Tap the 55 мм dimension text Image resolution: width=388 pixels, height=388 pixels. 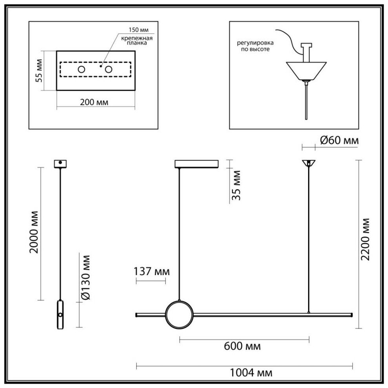pyautogui.click(x=39, y=71)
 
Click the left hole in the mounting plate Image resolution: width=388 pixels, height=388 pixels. pyautogui.click(x=81, y=69)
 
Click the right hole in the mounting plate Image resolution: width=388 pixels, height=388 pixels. pyautogui.click(x=108, y=69)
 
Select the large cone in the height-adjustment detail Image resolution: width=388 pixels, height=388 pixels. pyautogui.click(x=306, y=71)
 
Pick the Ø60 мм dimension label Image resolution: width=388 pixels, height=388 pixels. pyautogui.click(x=339, y=140)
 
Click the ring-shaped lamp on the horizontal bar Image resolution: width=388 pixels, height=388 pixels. pyautogui.click(x=179, y=315)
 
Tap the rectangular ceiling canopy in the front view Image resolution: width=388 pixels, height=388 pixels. pyautogui.click(x=196, y=164)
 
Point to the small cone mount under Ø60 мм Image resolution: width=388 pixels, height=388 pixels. pyautogui.click(x=309, y=163)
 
